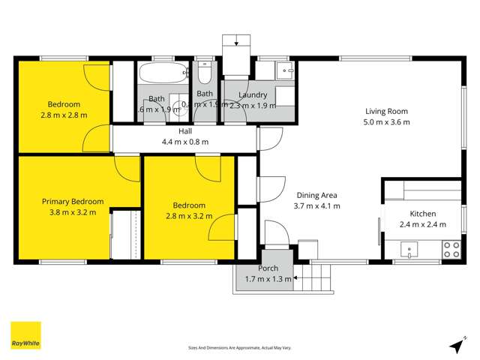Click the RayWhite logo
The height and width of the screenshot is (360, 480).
[25, 336]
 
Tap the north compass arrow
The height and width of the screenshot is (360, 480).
[454, 346]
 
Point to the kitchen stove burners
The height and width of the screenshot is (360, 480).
[451, 249]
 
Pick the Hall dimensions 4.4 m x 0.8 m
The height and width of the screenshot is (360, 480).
[184, 142]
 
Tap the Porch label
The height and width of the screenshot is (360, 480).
[268, 268]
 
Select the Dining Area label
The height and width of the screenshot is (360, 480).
[316, 194]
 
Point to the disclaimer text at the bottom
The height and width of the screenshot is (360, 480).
[239, 348]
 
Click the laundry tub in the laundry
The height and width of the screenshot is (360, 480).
[285, 71]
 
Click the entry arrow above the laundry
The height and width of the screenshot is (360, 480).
[238, 42]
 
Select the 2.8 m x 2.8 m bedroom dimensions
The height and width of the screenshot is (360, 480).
[64, 115]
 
